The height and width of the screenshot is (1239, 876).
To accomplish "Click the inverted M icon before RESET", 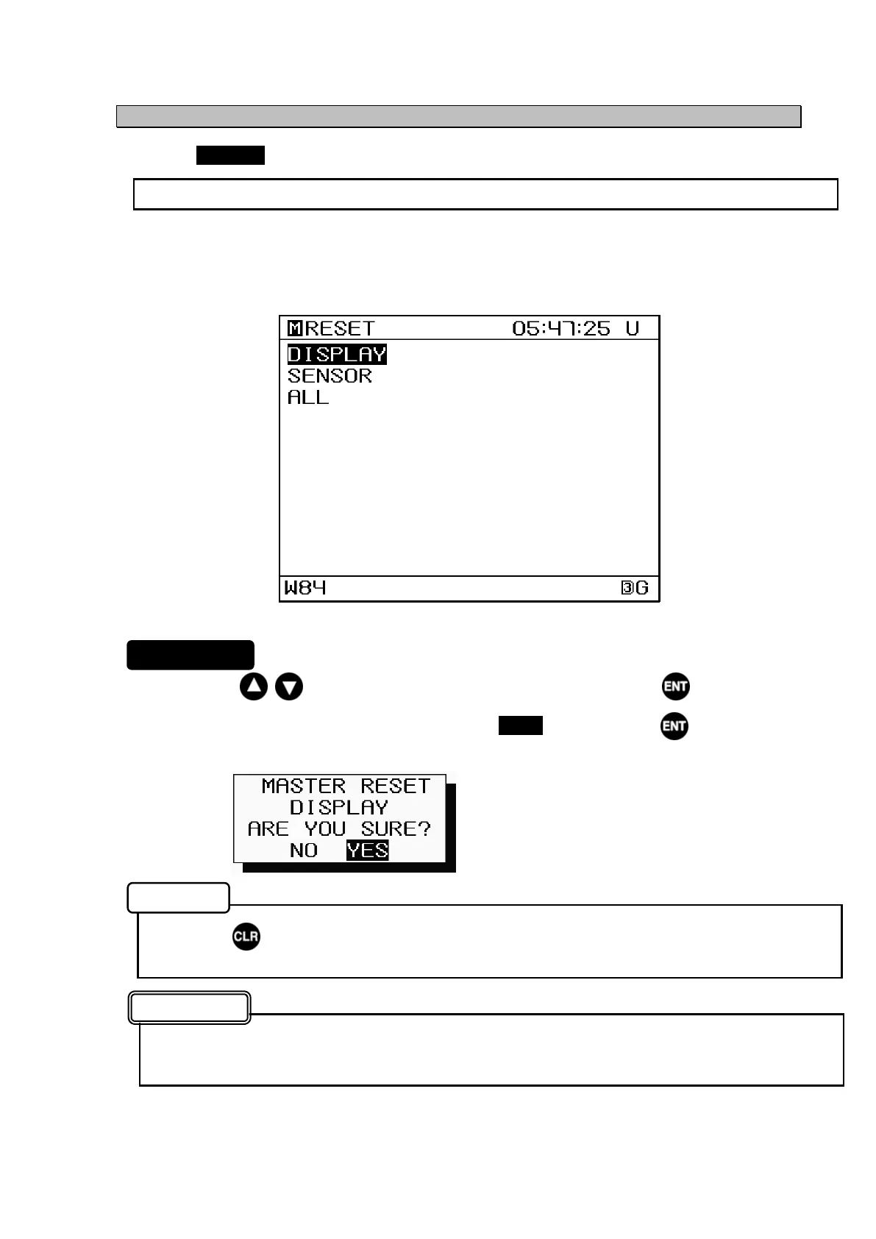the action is coord(294,328).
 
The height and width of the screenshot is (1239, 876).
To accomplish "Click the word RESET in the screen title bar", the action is coord(340,328).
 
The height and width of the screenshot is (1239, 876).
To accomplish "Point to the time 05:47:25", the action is coord(561,328).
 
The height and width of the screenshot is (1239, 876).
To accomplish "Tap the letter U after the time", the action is coord(633,328).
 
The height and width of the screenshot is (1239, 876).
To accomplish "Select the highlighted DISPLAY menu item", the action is coord(337,355).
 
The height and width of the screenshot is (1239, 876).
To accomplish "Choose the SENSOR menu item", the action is coord(330,376).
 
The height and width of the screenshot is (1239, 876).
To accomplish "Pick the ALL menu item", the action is coord(308,397).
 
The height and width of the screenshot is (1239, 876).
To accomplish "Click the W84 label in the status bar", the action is coord(305,588).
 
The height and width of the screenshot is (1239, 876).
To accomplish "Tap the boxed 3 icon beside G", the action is coord(627,588).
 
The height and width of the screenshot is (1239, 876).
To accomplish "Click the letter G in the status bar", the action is coord(642,588).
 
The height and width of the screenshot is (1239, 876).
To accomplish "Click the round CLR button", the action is coord(246,937).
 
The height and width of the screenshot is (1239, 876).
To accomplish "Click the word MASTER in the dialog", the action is coord(303,787).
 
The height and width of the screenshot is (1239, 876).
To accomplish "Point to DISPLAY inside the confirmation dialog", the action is coord(338,808).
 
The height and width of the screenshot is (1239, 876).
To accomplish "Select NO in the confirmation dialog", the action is coord(304,851).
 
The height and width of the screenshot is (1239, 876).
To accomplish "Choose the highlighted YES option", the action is coord(367,851).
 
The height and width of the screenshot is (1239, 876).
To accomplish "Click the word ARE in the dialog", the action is coord(268,829).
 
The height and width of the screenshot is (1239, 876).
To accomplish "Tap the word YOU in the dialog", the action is coord(324,829).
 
